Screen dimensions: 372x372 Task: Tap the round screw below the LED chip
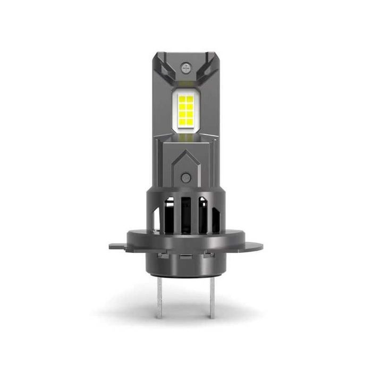185,177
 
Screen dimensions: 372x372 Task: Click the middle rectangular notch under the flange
186,256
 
